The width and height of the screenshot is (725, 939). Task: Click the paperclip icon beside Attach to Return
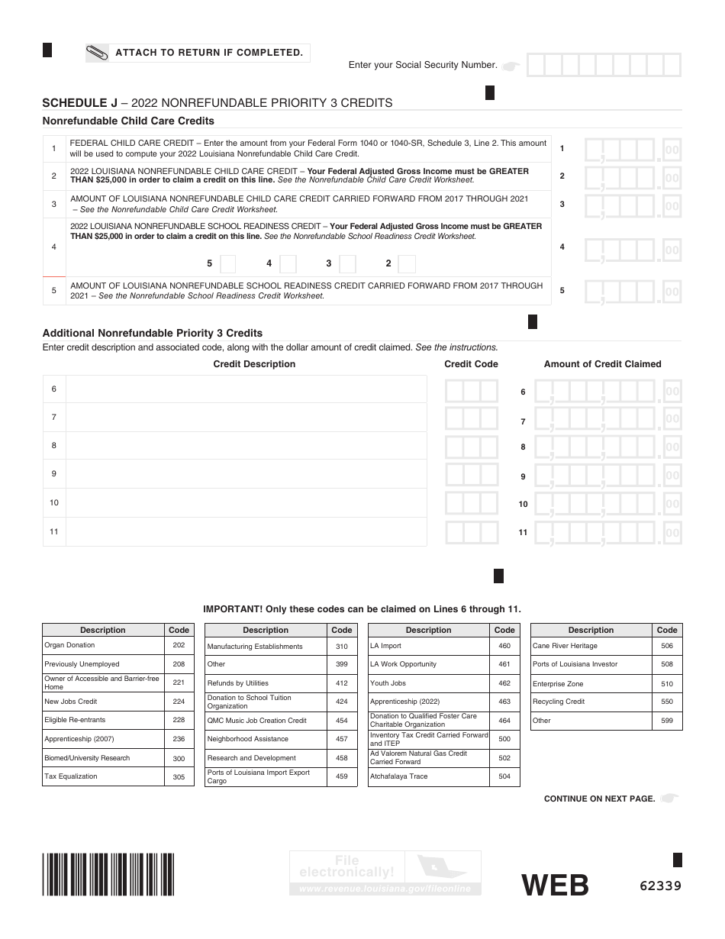98,53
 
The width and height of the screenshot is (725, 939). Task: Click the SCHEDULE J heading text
74,103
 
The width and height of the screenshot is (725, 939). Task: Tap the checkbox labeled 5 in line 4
227,264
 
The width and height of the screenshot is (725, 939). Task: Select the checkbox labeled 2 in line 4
407,264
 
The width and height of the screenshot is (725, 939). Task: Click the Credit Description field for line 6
246,389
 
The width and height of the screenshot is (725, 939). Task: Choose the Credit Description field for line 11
246,532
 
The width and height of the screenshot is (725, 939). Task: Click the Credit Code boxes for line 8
472,447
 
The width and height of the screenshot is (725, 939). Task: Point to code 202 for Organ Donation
179,645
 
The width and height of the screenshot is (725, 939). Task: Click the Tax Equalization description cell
102,776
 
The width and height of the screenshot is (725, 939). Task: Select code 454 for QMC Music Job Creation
341,721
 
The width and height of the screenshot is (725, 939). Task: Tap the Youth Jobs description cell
427,683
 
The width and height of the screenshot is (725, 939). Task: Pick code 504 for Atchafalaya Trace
504,776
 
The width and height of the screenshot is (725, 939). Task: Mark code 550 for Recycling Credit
667,702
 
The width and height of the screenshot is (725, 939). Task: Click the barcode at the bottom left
108,874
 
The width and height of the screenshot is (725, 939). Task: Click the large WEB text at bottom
555,886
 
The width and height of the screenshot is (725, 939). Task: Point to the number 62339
660,886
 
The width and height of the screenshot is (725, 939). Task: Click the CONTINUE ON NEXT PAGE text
599,799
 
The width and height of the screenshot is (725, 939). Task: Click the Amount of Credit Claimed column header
602,364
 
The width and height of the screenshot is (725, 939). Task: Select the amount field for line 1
631,149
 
